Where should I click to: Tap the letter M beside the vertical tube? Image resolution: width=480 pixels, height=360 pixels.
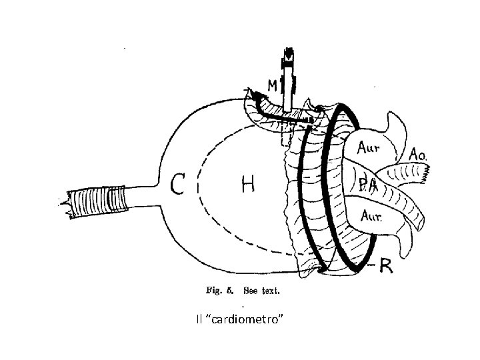tap(273, 86)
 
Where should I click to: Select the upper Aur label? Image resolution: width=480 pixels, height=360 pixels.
tap(372, 145)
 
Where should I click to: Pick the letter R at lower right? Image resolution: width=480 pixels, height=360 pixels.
tap(387, 266)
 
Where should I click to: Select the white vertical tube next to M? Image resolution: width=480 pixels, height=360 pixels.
tap(289, 93)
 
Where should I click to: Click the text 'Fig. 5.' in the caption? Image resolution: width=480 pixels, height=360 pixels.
tap(220, 291)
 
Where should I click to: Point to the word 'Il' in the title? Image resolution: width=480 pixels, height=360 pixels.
tap(199, 321)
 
